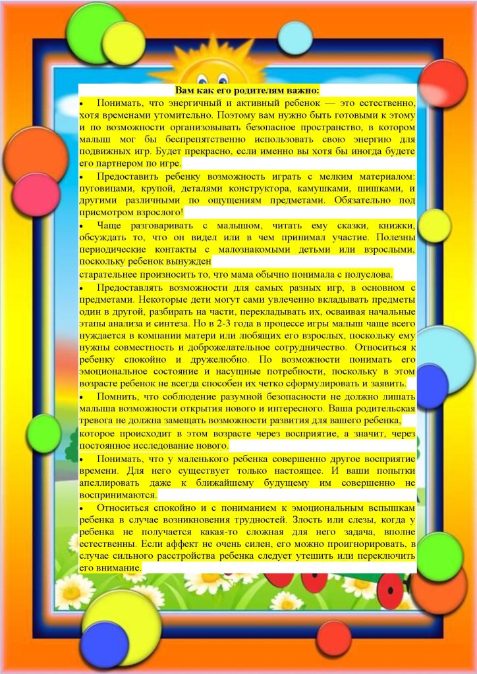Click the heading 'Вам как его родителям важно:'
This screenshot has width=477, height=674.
[247, 90]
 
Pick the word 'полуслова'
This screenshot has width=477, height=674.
[370, 274]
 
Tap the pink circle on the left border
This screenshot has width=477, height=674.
[36, 194]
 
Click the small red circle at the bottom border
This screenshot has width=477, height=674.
[334, 638]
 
